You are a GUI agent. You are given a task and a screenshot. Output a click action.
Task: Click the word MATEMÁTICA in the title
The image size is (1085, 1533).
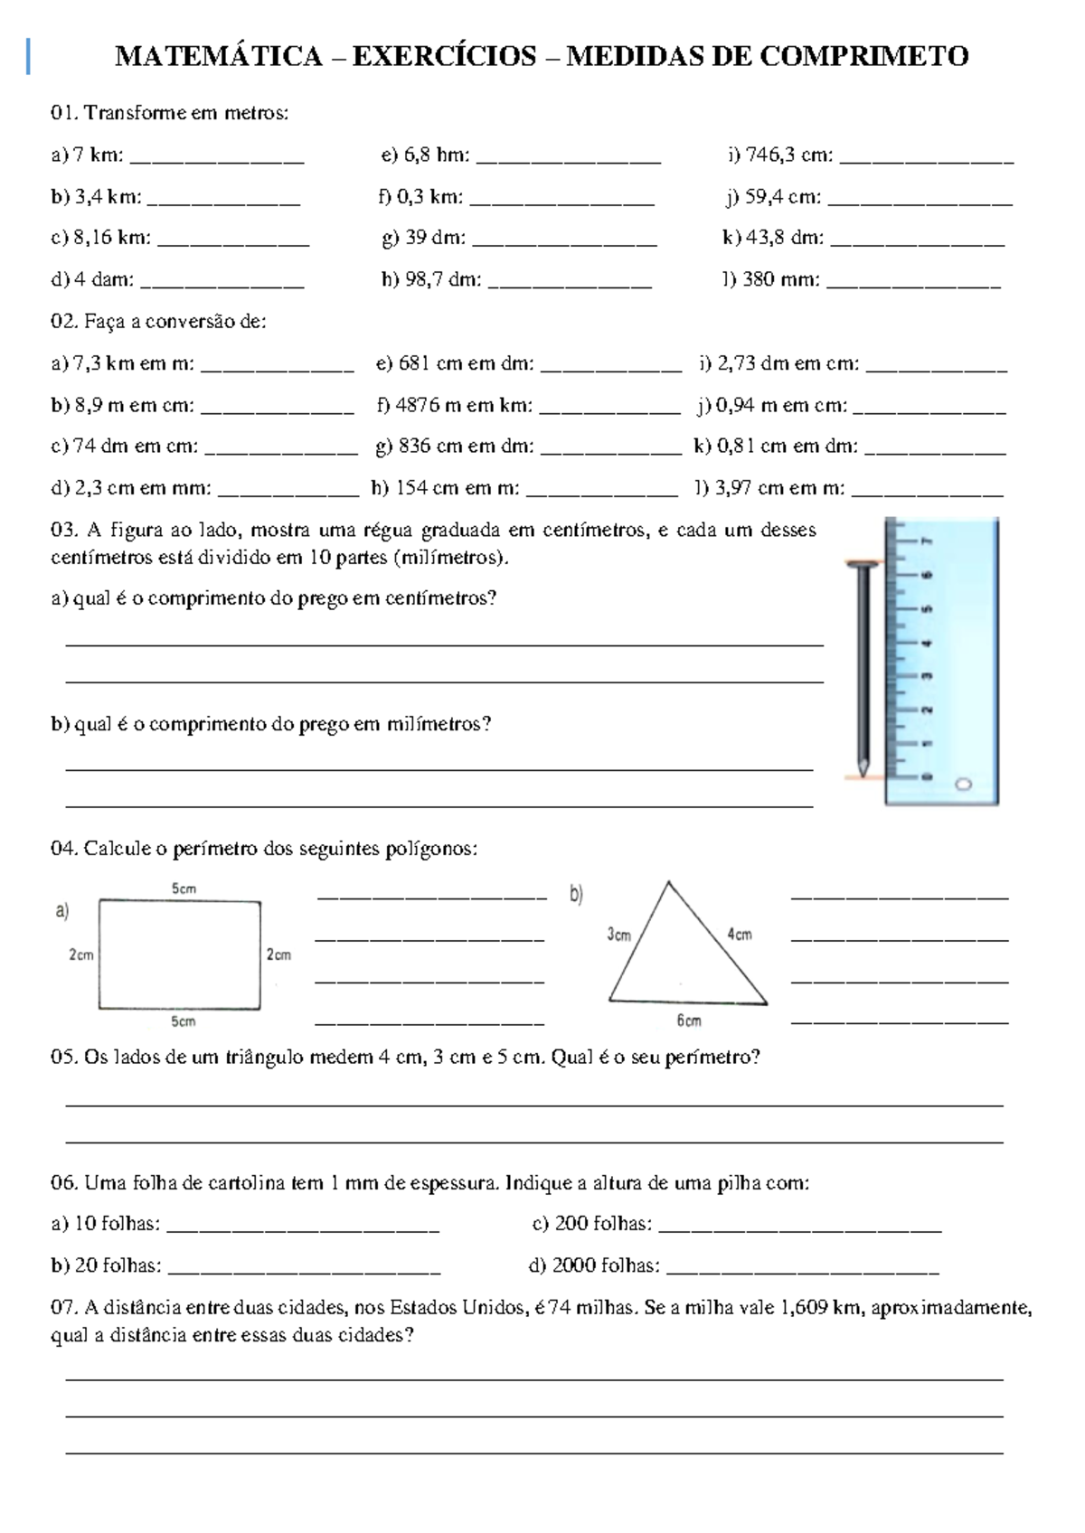218,57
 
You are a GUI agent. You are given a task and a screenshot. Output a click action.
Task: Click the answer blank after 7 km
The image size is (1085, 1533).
217,158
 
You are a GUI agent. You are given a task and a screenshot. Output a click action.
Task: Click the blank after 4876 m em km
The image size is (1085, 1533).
609,409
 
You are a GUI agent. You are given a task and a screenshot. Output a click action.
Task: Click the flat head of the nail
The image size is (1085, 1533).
863,565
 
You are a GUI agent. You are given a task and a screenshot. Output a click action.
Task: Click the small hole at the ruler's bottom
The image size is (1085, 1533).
963,784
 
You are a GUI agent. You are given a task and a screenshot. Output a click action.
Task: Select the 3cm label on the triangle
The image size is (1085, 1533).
618,935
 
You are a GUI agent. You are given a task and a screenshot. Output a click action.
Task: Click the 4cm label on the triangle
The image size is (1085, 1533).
740,935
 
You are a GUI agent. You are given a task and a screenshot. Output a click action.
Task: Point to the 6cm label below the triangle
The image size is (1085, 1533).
689,1020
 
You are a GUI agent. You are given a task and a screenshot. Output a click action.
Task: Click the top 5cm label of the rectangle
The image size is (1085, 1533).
184,889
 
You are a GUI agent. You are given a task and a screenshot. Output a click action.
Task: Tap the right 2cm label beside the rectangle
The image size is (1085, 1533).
278,955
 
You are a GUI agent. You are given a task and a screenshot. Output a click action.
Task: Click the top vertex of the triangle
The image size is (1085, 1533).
668,882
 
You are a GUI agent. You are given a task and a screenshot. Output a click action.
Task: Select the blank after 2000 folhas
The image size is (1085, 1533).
803,1269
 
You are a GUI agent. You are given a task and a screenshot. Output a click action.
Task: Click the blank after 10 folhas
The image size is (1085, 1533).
304,1227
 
